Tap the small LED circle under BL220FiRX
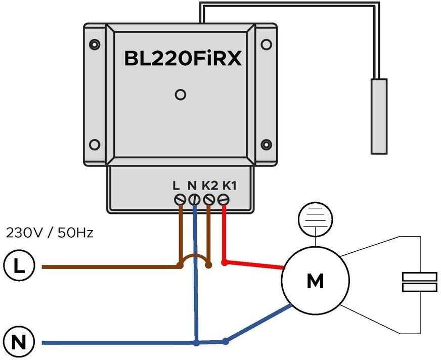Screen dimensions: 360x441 pyautogui.click(x=180, y=94)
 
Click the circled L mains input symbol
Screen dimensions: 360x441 pyautogui.click(x=18, y=266)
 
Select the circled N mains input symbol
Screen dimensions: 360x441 pyautogui.click(x=18, y=343)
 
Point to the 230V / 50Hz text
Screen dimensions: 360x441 pyautogui.click(x=50, y=234)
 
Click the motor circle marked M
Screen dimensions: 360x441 pyautogui.click(x=315, y=281)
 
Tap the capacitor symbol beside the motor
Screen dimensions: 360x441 pyautogui.click(x=419, y=282)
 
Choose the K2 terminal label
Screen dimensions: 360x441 pyautogui.click(x=209, y=186)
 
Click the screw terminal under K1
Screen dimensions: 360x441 pyautogui.click(x=224, y=200)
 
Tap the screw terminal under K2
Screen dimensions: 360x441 pyautogui.click(x=208, y=200)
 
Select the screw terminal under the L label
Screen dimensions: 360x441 pyautogui.click(x=179, y=200)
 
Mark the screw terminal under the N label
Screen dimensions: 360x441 pyautogui.click(x=194, y=200)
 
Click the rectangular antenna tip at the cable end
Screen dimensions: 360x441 pyautogui.click(x=379, y=116)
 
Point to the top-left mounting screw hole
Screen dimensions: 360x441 pyautogui.click(x=95, y=43)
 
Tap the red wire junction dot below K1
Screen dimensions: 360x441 pyautogui.click(x=224, y=263)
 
